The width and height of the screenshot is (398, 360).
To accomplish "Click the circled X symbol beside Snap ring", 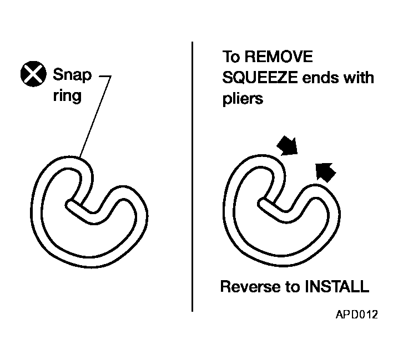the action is pyautogui.click(x=33, y=74).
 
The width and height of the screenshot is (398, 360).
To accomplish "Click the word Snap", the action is pyautogui.click(x=72, y=75).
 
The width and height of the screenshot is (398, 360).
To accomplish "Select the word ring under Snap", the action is pyautogui.click(x=67, y=96).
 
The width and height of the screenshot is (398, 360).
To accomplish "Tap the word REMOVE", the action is pyautogui.click(x=279, y=57).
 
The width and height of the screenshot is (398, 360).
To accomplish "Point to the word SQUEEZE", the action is pyautogui.click(x=260, y=77).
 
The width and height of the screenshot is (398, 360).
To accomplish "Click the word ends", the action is pyautogui.click(x=320, y=77).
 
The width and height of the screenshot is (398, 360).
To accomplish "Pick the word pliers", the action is pyautogui.click(x=243, y=98).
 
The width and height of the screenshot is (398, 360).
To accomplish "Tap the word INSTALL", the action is pyautogui.click(x=336, y=286).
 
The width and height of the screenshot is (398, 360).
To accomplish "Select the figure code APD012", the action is pyautogui.click(x=356, y=315).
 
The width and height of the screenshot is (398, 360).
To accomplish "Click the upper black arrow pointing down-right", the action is pyautogui.click(x=288, y=146).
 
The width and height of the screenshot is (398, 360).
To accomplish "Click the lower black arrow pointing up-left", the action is pyautogui.click(x=325, y=173).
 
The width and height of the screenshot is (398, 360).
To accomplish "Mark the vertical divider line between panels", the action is pyautogui.click(x=192, y=176).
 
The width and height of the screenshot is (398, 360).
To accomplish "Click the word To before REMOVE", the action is pyautogui.click(x=231, y=57).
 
